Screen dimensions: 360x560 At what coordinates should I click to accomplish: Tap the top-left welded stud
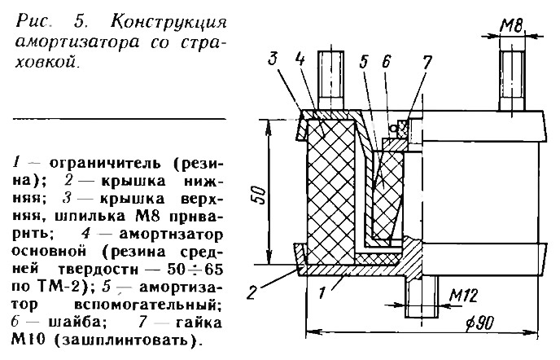coord(331,77)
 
